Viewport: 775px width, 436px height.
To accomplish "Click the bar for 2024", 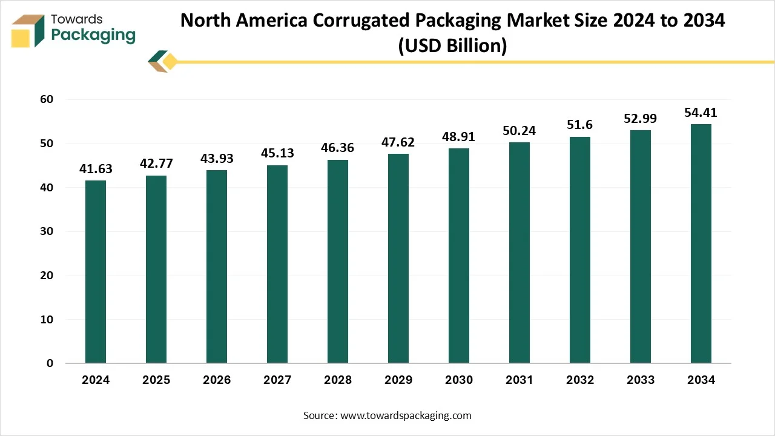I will coord(96,272).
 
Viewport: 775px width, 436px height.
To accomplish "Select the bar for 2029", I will coord(398,259).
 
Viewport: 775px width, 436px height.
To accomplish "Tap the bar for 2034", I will coord(701,243).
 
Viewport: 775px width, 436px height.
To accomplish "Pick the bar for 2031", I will coord(519,253).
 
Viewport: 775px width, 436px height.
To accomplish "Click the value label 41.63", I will coord(96,169).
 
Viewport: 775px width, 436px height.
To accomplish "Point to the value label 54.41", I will coord(701,113).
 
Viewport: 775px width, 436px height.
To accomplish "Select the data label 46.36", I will coord(338,148).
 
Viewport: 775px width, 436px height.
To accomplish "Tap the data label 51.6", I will coord(580,125).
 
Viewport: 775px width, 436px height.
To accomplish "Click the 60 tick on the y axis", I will coord(46,99).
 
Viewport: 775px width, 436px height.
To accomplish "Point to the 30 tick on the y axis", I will coord(46,231).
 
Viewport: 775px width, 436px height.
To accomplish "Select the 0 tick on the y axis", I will coord(50,363).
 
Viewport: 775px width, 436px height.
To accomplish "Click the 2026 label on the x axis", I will coord(217,380).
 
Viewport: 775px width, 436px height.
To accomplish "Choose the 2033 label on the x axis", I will coord(641,380).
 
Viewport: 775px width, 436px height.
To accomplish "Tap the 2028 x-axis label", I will coord(338,380).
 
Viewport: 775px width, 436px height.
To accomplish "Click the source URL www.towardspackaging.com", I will coord(406,415).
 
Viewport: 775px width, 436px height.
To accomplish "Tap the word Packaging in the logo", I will coord(93,35).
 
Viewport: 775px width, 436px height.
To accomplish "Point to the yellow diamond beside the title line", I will coord(170,61).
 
